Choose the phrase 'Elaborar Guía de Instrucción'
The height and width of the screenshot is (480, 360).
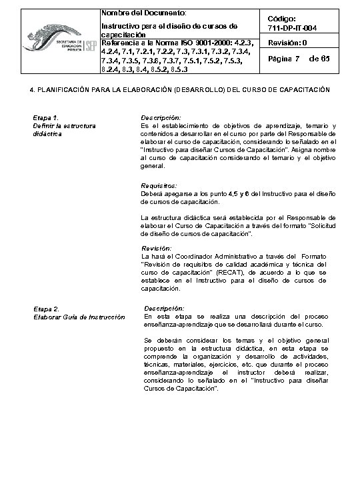pyautogui.click(x=79, y=317)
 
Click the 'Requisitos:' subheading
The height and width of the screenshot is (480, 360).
pyautogui.click(x=159, y=185)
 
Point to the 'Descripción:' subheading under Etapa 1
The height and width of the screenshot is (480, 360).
pyautogui.click(x=157, y=117)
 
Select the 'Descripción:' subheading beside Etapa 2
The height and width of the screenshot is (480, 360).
pyautogui.click(x=164, y=309)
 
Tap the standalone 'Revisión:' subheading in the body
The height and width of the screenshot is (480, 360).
pyautogui.click(x=157, y=248)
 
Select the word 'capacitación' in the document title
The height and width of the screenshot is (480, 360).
pyautogui.click(x=123, y=35)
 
